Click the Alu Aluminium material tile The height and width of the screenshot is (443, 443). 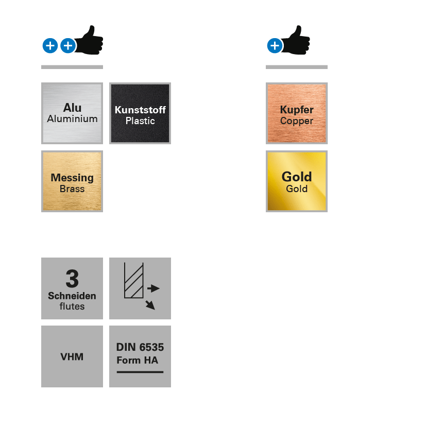72,113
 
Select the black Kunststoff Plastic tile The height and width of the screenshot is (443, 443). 140,113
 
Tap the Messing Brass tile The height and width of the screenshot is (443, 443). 72,181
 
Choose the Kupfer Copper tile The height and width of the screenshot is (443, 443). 297,113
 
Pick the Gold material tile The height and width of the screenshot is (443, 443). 297,181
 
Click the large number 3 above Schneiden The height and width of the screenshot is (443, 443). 72,279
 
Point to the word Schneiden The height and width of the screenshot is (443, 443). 72,296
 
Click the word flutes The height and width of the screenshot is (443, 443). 72,306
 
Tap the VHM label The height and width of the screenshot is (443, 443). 72,356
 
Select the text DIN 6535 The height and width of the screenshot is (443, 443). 140,347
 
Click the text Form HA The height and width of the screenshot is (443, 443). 137,360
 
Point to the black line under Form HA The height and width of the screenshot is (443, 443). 140,371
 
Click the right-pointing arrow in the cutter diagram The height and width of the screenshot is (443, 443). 154,288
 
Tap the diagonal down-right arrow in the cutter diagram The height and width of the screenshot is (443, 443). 150,304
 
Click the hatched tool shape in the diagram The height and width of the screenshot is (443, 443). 133,281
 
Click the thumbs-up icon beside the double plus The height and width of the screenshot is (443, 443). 90,40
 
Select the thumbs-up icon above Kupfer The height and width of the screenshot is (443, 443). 297,40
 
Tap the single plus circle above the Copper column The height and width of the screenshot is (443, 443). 275,46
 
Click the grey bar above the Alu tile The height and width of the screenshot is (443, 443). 72,67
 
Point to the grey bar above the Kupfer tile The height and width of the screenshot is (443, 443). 297,67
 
